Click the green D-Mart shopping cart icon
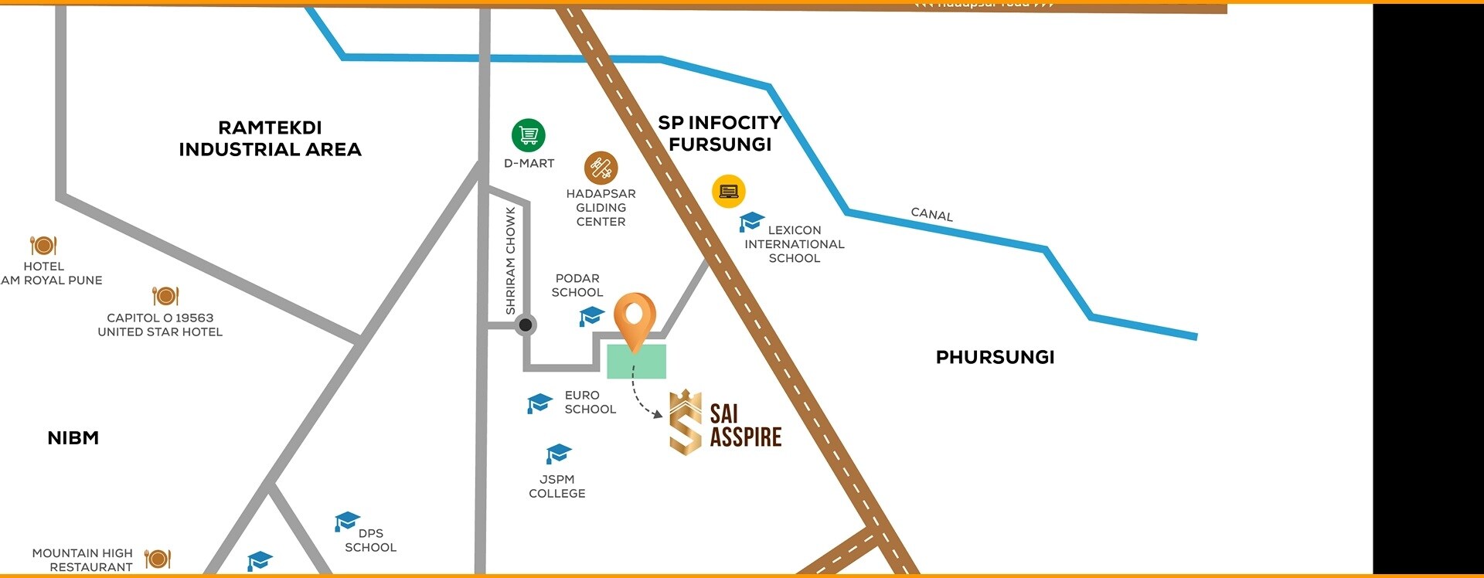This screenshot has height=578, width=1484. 529,135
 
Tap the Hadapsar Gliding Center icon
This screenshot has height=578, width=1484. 601,168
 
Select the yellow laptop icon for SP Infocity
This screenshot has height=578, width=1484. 728,191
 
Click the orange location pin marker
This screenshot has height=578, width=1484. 635,320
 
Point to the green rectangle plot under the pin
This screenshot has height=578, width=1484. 636,362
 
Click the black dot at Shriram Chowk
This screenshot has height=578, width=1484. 526,325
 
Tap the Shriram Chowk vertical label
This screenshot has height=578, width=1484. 510,260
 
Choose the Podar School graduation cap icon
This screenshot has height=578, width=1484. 591,315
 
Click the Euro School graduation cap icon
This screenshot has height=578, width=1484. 539,403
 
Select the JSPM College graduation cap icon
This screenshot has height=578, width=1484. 558,453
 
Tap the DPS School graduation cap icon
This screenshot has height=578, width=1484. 347,522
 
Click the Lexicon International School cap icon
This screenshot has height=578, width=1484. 751,222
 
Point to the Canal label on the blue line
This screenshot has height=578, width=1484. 931,214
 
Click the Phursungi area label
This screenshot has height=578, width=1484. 995,357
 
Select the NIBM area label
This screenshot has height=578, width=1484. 73,438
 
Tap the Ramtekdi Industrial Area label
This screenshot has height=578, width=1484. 270,138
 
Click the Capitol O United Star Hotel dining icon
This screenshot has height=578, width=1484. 165,295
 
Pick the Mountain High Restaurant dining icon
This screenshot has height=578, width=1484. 158,558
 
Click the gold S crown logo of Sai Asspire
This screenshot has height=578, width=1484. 686,422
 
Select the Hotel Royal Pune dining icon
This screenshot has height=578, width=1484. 43,245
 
